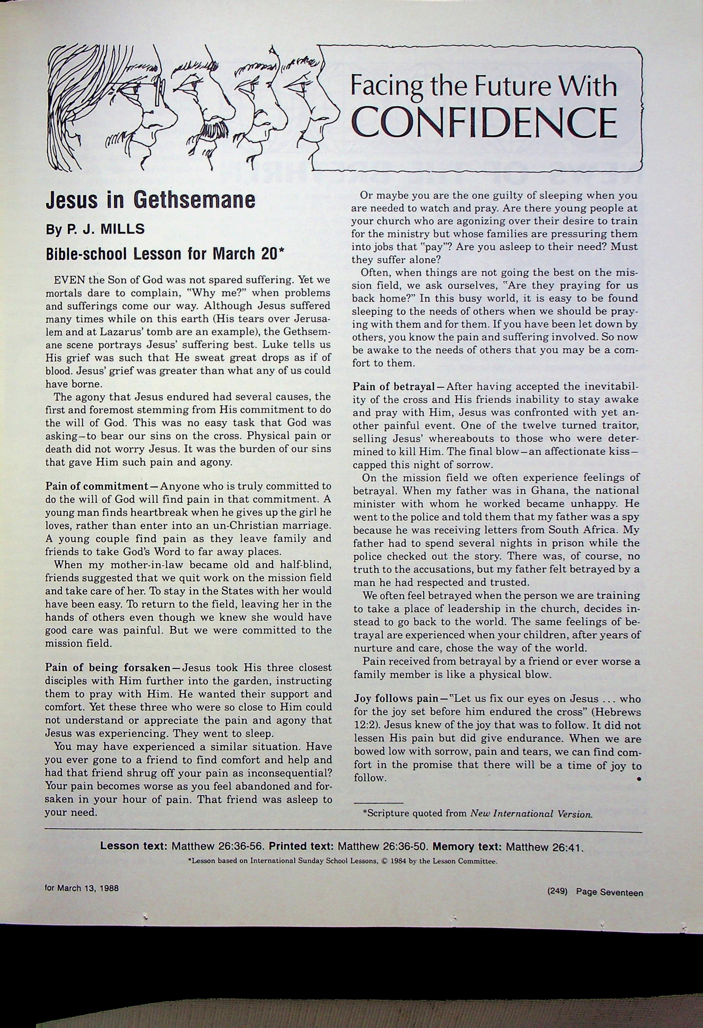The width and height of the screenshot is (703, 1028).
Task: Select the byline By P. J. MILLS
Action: [x=95, y=229]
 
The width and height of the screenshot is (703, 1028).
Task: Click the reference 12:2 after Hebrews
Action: [x=363, y=725]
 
